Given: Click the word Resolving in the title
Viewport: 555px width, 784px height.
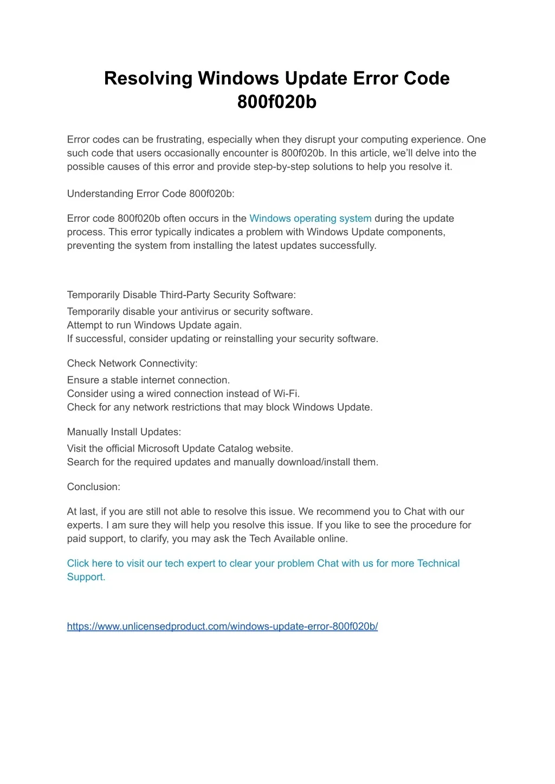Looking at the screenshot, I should click(148, 78).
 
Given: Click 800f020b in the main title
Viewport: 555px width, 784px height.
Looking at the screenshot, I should click(276, 102).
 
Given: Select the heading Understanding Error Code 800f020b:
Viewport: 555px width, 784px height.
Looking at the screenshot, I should click(151, 194).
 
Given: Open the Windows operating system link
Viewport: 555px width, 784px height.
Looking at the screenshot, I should click(310, 219).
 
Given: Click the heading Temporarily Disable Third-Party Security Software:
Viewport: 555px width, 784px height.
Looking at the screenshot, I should click(181, 295).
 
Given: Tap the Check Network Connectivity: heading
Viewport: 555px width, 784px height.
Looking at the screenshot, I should click(132, 363).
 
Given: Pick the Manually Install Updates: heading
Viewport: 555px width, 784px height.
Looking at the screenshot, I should click(124, 432).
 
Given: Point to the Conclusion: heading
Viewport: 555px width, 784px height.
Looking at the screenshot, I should click(94, 487).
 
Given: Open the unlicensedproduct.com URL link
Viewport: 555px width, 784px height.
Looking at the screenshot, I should click(222, 626).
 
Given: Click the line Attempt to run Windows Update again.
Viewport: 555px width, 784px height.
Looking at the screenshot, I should click(154, 325).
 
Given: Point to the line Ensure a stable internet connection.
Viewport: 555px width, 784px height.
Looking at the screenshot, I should click(149, 380).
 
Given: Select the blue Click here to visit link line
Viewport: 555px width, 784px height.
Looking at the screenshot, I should click(263, 563).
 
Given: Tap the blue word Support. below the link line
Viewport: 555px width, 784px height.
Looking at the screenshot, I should click(86, 577).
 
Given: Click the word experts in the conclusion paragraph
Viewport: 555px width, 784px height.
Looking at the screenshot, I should click(85, 525).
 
